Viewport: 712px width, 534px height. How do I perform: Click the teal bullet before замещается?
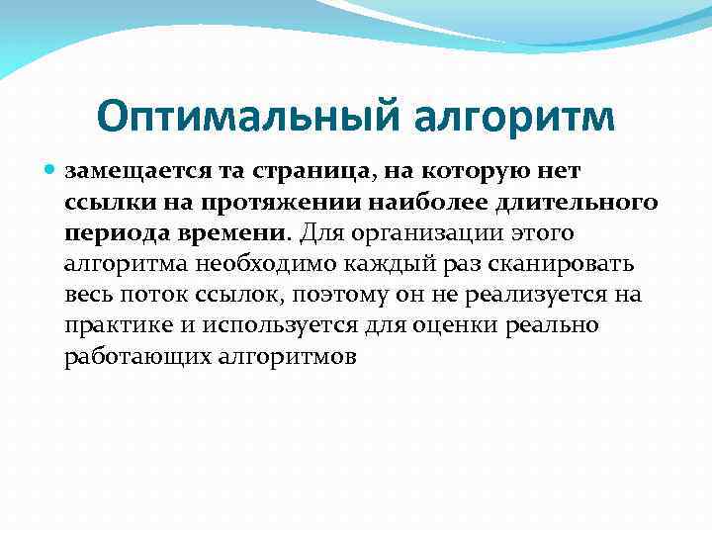[51, 170]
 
